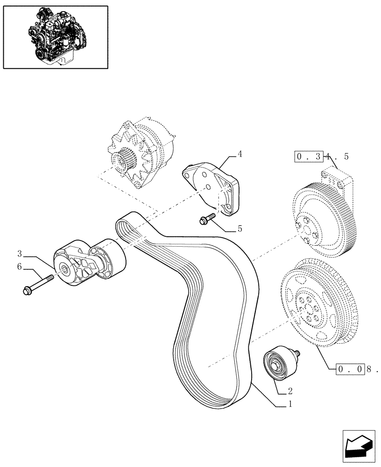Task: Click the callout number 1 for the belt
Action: (290, 405)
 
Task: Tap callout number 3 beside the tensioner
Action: (20, 254)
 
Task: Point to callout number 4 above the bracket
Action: (240, 153)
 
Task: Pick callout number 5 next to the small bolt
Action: (240, 229)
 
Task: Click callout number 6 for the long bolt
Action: (20, 267)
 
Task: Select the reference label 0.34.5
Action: (322, 157)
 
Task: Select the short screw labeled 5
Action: (206, 219)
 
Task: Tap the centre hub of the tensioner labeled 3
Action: (63, 268)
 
